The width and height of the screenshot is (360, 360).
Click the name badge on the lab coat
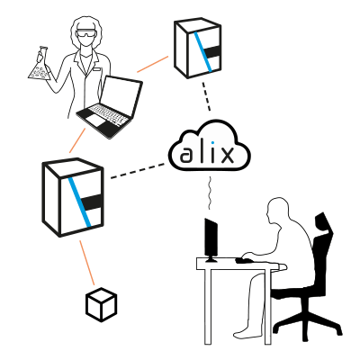[x=96, y=69]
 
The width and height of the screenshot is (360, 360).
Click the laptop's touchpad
[x=96, y=120]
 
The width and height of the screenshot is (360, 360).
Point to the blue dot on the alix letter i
[x=212, y=142]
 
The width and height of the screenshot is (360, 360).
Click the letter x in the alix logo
[x=227, y=155]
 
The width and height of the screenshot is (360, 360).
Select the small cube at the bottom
[x=101, y=304]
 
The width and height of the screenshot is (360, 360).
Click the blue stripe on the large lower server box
[x=79, y=202]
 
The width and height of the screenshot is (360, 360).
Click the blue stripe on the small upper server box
[x=202, y=52]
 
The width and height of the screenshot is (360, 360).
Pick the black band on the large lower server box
[x=92, y=202]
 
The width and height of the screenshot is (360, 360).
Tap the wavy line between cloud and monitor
[x=210, y=193]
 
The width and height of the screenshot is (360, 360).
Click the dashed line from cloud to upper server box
[x=206, y=96]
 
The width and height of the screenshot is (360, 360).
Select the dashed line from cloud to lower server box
[x=138, y=171]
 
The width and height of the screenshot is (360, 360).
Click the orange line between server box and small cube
[x=87, y=263]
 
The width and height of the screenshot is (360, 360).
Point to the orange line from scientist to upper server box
[x=153, y=64]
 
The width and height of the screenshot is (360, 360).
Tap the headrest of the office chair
[x=323, y=224]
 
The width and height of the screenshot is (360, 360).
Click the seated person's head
[x=278, y=211]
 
